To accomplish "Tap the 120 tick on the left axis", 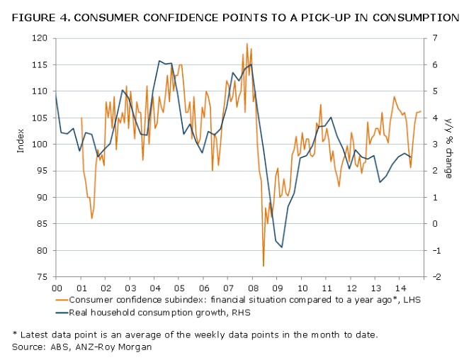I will click(43, 38).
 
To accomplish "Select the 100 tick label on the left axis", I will click(43, 145).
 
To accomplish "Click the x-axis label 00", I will click(56, 288).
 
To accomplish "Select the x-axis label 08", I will click(252, 288).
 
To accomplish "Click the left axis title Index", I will click(21, 144).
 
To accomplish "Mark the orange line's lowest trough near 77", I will click(263, 266).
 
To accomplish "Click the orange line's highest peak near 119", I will click(247, 44).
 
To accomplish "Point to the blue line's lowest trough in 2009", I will click(282, 247).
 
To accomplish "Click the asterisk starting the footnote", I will click(15, 334).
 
